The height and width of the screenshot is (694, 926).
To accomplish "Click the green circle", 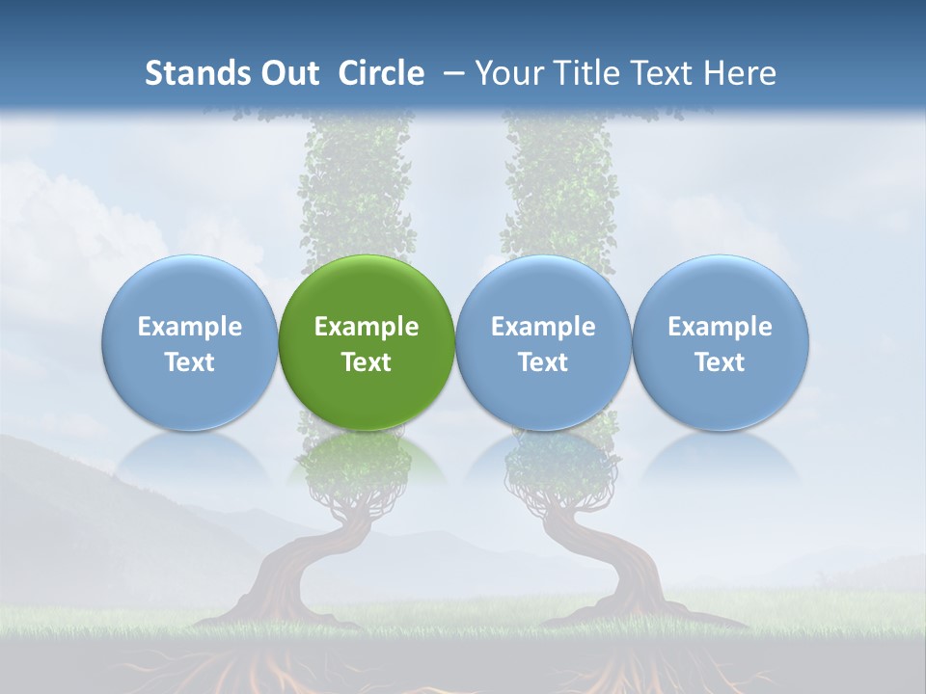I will pos(367,342).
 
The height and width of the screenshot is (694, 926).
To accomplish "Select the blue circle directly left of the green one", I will pos(190,342).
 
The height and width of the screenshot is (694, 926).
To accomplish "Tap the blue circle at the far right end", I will pos(721,342).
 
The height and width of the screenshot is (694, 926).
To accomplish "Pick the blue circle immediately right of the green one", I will pos(543,342).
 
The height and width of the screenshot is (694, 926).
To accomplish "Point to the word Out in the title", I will pos(287,73).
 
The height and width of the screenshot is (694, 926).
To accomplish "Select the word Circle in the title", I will pos(381,73).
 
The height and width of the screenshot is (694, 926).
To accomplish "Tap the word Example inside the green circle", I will pos(367,327).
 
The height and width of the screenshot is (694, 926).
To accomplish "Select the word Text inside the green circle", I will pos(367,362).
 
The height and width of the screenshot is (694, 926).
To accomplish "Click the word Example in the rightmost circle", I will pos(721,327).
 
